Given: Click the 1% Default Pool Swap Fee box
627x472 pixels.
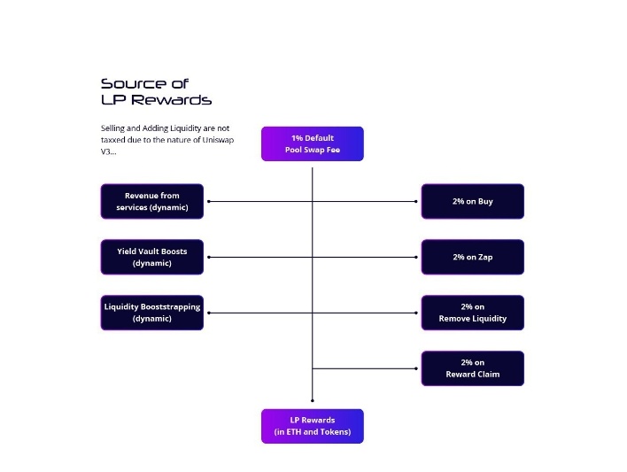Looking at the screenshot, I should [x=312, y=143].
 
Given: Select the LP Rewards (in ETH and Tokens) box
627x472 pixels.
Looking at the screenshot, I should [x=312, y=426].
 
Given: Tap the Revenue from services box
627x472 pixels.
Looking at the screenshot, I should [x=151, y=201].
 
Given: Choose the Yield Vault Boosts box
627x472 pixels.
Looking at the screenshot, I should [x=151, y=257].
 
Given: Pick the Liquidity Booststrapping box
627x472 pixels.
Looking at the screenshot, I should [x=151, y=313].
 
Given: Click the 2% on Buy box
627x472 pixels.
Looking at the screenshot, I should [x=472, y=201].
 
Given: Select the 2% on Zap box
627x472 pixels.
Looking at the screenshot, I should [x=472, y=257].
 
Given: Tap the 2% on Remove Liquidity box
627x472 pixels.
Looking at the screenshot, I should [x=472, y=313].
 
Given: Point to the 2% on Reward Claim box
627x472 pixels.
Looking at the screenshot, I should [x=472, y=368].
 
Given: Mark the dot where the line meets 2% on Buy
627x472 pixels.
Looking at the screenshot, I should [x=416, y=201].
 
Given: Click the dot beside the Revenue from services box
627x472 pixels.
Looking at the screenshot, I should [x=207, y=201].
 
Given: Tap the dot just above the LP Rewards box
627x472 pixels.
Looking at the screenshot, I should [x=312, y=401].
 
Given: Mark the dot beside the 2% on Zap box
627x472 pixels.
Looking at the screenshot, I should [x=416, y=257].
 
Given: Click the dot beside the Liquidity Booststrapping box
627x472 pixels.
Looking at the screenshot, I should [x=207, y=313].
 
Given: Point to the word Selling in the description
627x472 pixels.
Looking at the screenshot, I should [x=114, y=128].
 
